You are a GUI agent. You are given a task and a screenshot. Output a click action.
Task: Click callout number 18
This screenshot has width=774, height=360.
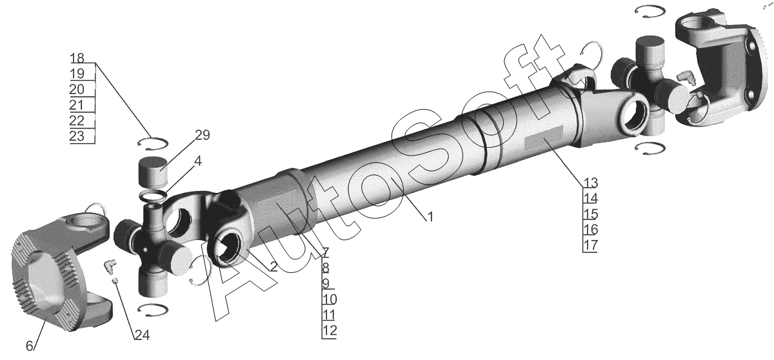[x=77, y=57]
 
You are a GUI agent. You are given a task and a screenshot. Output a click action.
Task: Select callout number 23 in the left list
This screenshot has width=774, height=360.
[x=77, y=135]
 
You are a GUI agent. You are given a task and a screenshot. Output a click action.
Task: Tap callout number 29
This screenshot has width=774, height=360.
[x=202, y=135]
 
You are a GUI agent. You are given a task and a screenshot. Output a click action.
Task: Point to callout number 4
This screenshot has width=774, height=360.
[x=197, y=161]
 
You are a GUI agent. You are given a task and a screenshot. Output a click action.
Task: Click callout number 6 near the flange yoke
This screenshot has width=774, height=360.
[x=30, y=346]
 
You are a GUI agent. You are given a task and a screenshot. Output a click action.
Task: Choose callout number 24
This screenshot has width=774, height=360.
[x=142, y=335]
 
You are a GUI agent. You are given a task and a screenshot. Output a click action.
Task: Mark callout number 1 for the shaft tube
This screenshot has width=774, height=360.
[x=430, y=217]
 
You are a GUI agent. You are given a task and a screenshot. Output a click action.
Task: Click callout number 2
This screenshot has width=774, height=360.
[x=273, y=266]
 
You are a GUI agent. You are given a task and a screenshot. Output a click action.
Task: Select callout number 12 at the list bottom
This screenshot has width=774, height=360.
[x=330, y=330]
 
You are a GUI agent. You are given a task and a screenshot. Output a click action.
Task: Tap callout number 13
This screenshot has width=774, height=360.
[x=591, y=183]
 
